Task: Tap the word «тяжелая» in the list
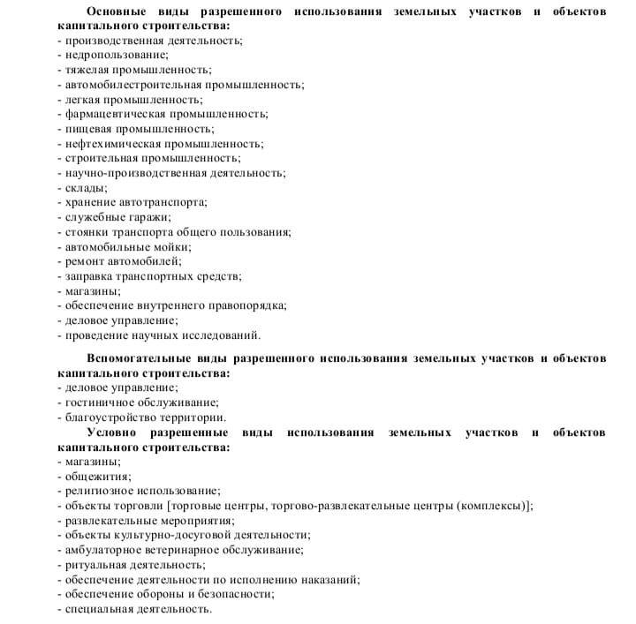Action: (x=88, y=70)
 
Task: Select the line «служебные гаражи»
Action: (x=118, y=217)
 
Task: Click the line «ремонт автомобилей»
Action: (x=123, y=261)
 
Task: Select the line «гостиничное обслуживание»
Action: (x=141, y=402)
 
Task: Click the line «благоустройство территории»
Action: (x=146, y=417)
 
